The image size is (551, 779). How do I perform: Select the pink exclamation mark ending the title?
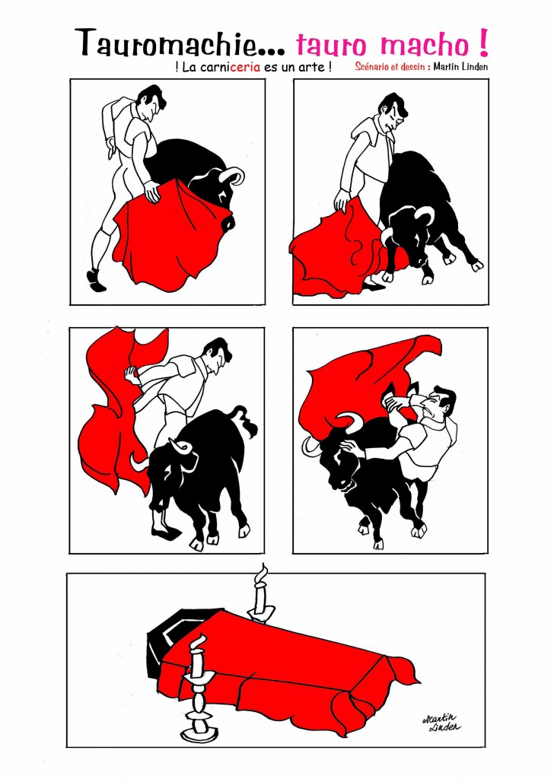click(483, 43)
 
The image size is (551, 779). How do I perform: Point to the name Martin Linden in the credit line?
click(460, 67)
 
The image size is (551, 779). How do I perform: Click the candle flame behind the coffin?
click(262, 574)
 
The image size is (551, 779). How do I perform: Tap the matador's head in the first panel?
click(150, 103)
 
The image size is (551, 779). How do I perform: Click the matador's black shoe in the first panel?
click(95, 281)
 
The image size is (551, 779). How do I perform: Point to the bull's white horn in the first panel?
click(235, 175)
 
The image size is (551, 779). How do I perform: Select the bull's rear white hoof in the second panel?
click(477, 265)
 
